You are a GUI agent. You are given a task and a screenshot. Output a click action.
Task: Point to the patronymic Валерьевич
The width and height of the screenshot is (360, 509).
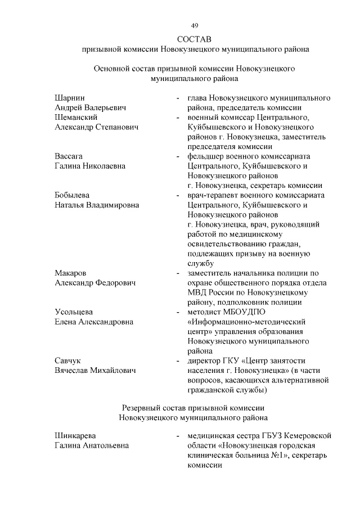105,107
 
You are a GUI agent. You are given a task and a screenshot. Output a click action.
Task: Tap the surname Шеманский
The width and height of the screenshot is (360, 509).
76,117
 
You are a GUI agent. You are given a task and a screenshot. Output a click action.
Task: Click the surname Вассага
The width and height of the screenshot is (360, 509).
69,156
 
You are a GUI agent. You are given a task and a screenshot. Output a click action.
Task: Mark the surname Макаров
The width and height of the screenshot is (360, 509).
70,273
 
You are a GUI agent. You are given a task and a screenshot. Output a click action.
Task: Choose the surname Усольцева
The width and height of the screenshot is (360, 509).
74,312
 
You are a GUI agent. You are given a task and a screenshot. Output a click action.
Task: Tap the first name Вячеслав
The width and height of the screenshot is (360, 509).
73,370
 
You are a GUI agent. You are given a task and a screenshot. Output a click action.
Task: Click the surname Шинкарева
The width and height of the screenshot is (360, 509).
75,436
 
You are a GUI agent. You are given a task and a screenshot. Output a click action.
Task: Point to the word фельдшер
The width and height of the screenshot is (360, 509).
208,156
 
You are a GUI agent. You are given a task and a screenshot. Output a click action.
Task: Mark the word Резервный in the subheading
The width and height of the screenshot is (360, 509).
142,407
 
